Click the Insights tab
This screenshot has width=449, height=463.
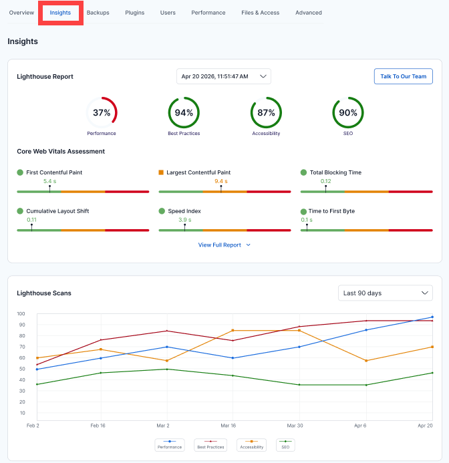click(60, 13)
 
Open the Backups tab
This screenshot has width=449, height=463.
click(98, 13)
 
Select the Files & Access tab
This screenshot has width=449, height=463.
click(260, 13)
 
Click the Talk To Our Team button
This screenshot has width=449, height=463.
click(403, 76)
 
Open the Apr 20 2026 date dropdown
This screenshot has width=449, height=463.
click(223, 76)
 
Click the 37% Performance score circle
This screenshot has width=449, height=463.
click(102, 113)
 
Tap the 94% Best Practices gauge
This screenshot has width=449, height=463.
click(184, 113)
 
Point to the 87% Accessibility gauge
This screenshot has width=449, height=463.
click(266, 113)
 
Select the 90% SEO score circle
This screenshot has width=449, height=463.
click(348, 113)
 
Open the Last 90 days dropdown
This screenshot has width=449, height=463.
click(385, 293)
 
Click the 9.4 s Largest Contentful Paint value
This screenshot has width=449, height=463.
click(220, 181)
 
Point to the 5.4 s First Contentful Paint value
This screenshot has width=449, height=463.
click(49, 181)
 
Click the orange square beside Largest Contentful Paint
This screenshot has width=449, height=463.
click(161, 172)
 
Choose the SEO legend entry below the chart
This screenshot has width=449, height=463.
click(285, 446)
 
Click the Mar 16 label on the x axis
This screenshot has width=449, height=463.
click(228, 425)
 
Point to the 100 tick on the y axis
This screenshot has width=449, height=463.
click(21, 314)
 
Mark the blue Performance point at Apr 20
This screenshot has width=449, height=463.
click(432, 317)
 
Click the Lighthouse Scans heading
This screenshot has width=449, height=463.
click(44, 293)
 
